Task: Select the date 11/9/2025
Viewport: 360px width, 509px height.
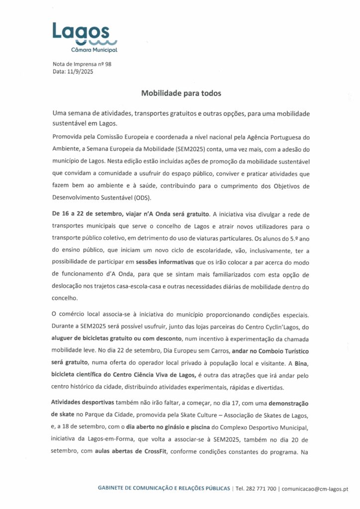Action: (80, 72)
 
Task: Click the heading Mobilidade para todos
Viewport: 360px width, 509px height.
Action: (180, 93)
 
